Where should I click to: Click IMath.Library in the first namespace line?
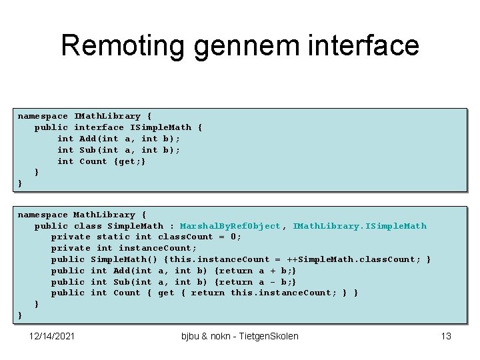tap(107, 116)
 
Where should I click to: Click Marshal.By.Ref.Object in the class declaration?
tap(231, 226)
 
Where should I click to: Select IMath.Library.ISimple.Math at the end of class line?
tap(359, 226)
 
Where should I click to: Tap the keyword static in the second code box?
tap(113, 237)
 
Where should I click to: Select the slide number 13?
tap(446, 336)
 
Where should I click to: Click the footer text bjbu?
tap(192, 336)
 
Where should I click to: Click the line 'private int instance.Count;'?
tap(124, 248)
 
